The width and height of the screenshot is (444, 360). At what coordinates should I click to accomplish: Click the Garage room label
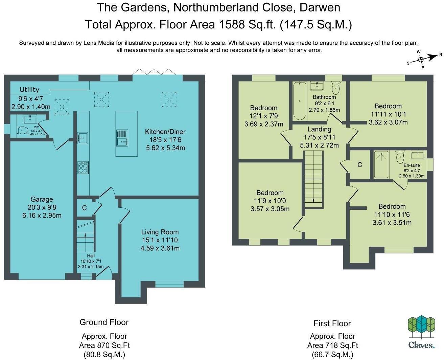tap(42, 200)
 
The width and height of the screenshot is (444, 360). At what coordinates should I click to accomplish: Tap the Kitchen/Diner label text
tap(165, 132)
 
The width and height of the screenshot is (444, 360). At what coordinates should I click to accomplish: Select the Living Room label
tap(160, 232)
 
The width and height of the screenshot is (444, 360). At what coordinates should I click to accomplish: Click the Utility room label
tap(29, 90)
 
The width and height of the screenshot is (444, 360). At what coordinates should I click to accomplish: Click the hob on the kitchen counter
tap(83, 167)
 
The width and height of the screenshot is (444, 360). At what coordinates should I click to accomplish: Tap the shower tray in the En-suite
tap(381, 164)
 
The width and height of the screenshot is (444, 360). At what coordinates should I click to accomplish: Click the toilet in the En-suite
tap(400, 157)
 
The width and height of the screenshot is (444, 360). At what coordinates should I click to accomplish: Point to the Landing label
tap(319, 129)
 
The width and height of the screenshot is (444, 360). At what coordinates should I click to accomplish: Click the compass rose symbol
tap(421, 60)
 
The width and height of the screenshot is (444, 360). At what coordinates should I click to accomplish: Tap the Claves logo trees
tap(421, 327)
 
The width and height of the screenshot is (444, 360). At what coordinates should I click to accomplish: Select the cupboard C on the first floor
tap(359, 165)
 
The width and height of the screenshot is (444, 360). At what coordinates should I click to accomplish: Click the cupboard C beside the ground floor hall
tap(84, 208)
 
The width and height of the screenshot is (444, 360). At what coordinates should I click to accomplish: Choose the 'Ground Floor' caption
tap(104, 322)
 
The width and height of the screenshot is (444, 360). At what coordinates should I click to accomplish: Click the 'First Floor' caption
tap(332, 323)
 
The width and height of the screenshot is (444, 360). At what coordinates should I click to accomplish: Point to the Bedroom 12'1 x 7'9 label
tap(263, 108)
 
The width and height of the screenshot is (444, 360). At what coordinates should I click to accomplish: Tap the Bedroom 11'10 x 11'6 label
tap(392, 207)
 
